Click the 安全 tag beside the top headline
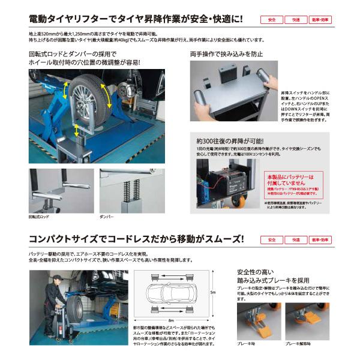click(272, 20)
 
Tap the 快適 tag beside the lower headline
click(296, 240)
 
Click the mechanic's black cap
click(56, 278)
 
